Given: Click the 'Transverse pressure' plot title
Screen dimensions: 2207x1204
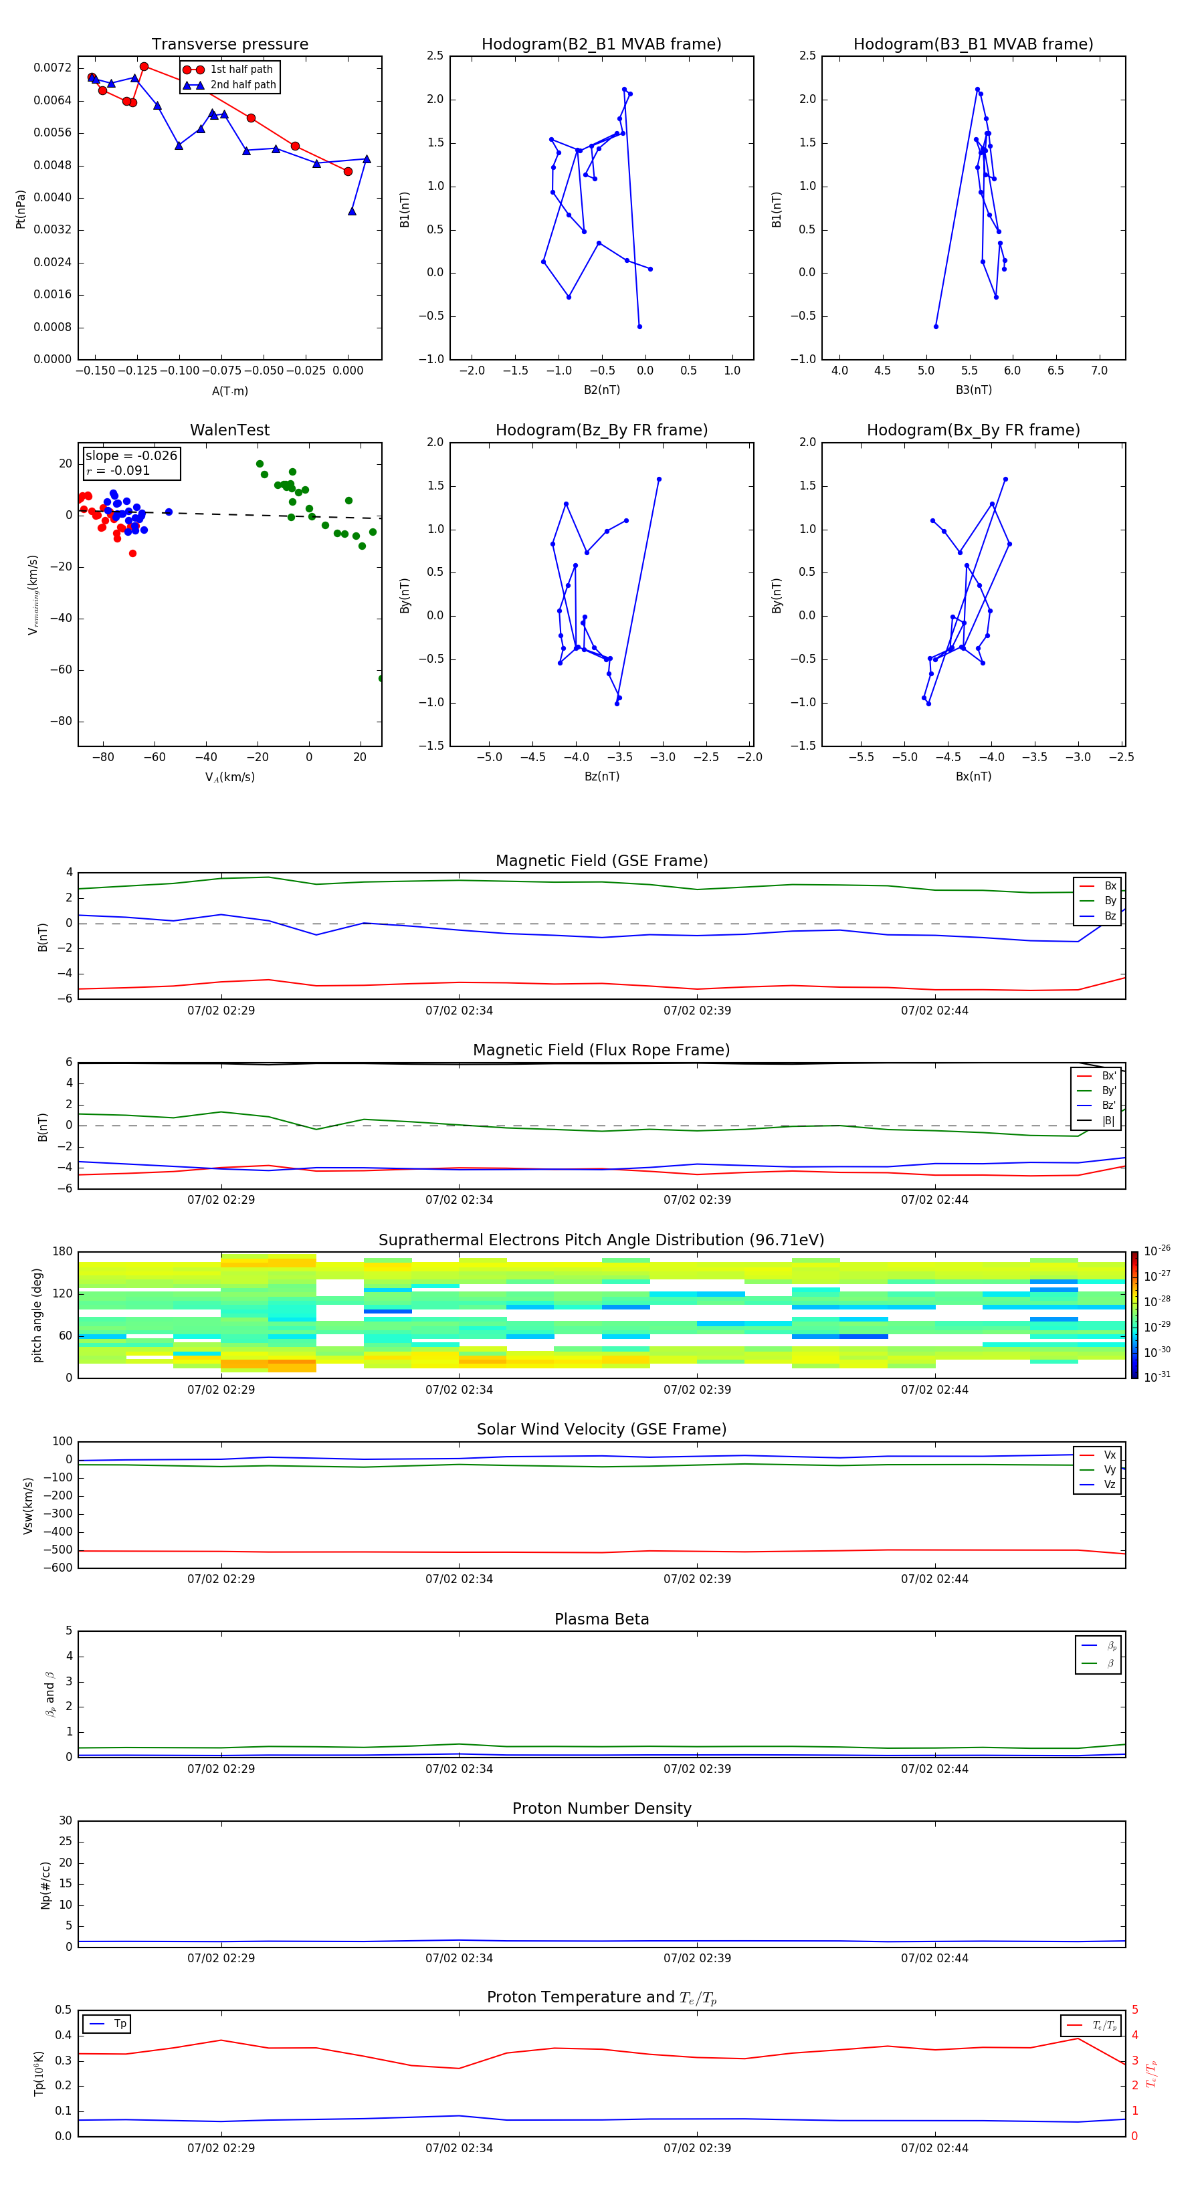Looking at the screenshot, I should click(229, 45).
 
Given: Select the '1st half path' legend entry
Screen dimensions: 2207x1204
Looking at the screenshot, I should click(241, 70).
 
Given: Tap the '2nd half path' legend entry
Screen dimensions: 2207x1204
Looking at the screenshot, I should click(243, 85).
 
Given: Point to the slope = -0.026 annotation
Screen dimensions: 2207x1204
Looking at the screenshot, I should click(131, 456).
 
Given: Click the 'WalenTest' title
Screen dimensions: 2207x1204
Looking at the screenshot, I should click(229, 430).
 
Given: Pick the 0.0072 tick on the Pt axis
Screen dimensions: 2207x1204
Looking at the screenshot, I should click(52, 68).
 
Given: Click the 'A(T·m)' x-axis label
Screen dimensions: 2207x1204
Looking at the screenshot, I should click(229, 391).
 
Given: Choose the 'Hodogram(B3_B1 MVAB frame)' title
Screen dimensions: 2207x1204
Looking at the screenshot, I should click(973, 45).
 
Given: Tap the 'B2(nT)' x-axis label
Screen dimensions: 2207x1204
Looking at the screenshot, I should click(601, 390).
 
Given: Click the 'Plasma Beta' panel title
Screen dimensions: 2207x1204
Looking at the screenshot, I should click(601, 1619).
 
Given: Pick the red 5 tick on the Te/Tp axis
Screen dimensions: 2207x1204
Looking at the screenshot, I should click(1134, 2010).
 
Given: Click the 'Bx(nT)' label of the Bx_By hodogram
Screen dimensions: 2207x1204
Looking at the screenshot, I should click(973, 776).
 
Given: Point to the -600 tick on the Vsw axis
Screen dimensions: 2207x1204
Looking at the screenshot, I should click(59, 1568).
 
